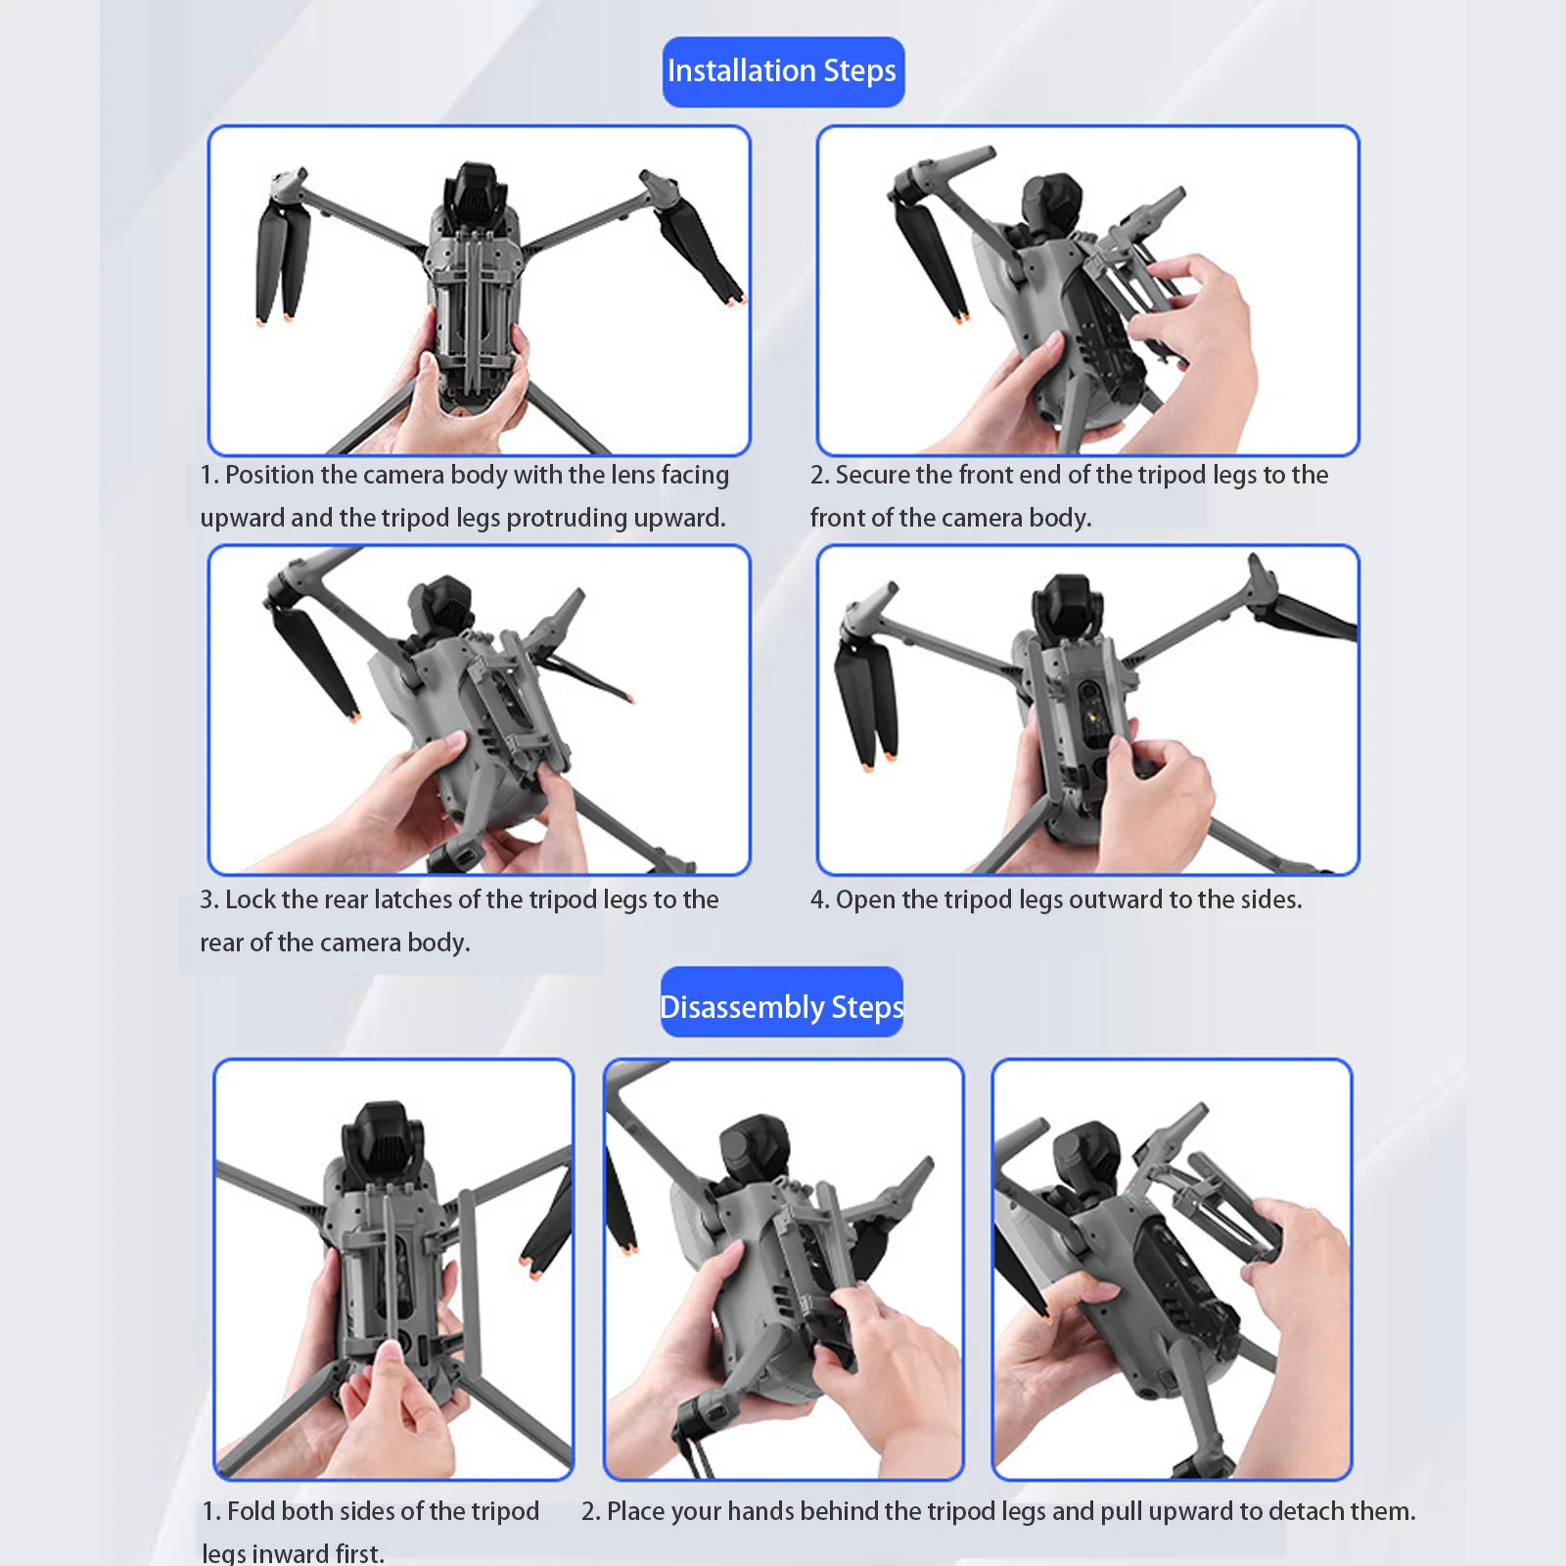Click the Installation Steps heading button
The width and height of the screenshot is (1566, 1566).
(783, 71)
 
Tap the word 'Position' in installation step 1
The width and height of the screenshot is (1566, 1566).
(269, 475)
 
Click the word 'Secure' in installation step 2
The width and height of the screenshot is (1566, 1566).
(871, 475)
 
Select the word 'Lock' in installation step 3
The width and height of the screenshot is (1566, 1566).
(249, 899)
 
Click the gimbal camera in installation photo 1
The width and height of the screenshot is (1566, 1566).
(477, 197)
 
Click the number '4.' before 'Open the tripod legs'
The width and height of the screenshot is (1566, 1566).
(819, 899)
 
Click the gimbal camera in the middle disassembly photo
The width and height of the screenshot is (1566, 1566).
(754, 1147)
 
